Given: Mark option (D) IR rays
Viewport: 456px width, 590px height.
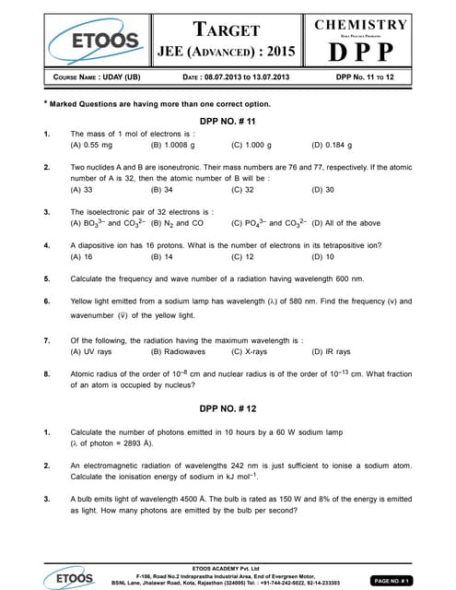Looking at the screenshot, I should (x=332, y=351).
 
